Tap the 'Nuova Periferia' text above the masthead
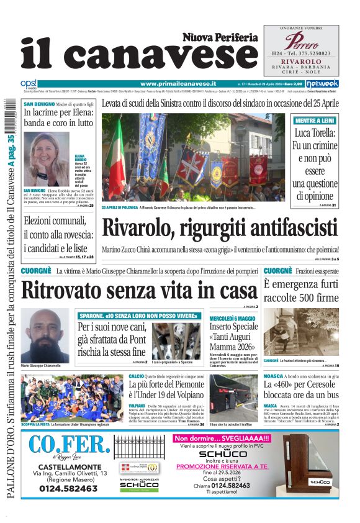(220, 37)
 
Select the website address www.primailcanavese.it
(178, 83)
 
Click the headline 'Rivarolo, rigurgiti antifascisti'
(225, 228)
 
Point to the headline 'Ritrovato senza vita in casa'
(139, 290)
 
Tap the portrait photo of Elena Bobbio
(47, 159)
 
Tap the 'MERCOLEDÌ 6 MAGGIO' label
(233, 318)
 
